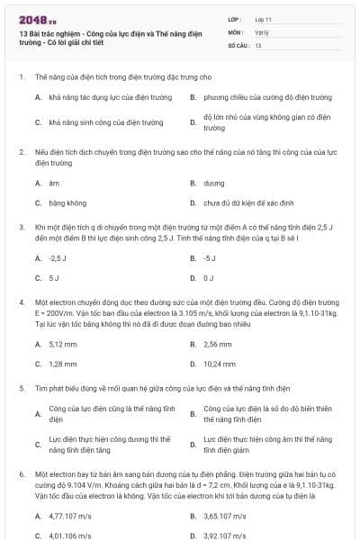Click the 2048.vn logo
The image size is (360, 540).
(31, 18)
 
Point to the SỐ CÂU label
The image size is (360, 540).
(238, 43)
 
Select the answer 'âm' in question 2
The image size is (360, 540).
(53, 183)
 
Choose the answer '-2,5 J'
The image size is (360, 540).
(59, 258)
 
